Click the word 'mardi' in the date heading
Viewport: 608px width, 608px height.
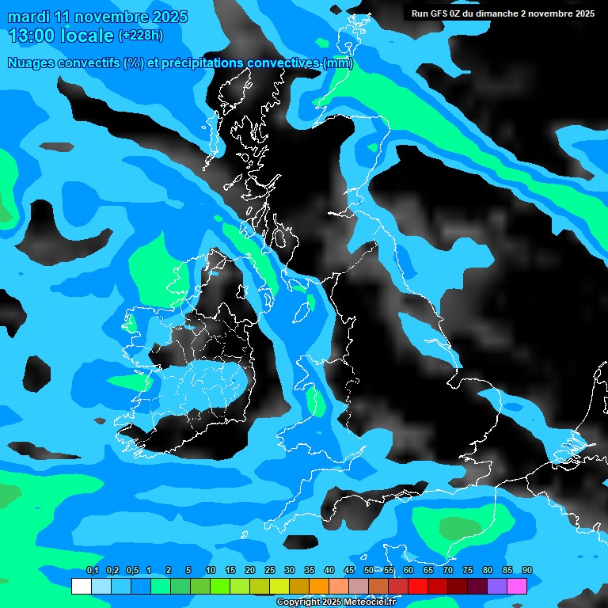[28, 17]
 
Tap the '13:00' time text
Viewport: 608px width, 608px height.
[31, 36]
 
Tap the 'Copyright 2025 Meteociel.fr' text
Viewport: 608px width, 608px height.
[336, 602]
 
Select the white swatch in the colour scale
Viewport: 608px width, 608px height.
[81, 586]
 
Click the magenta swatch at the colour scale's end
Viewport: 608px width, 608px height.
[517, 586]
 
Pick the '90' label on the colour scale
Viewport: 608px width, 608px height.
[526, 571]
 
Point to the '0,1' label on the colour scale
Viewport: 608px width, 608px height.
[93, 571]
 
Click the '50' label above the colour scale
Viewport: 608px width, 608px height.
[369, 571]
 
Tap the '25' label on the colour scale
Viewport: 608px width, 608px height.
[270, 571]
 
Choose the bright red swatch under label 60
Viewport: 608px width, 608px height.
[418, 586]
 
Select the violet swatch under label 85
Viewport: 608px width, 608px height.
[497, 586]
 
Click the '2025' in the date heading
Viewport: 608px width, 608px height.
[169, 17]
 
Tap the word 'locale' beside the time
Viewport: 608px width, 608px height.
[86, 36]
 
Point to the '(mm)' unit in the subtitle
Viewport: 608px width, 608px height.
[338, 63]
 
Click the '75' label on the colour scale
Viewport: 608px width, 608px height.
[468, 571]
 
